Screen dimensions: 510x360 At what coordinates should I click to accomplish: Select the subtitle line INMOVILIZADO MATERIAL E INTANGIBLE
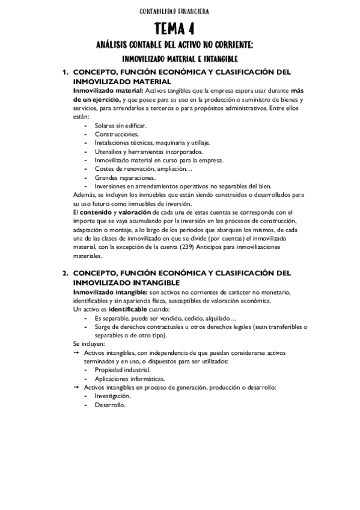(x=180, y=59)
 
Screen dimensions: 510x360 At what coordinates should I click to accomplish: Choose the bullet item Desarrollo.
(x=109, y=405)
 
